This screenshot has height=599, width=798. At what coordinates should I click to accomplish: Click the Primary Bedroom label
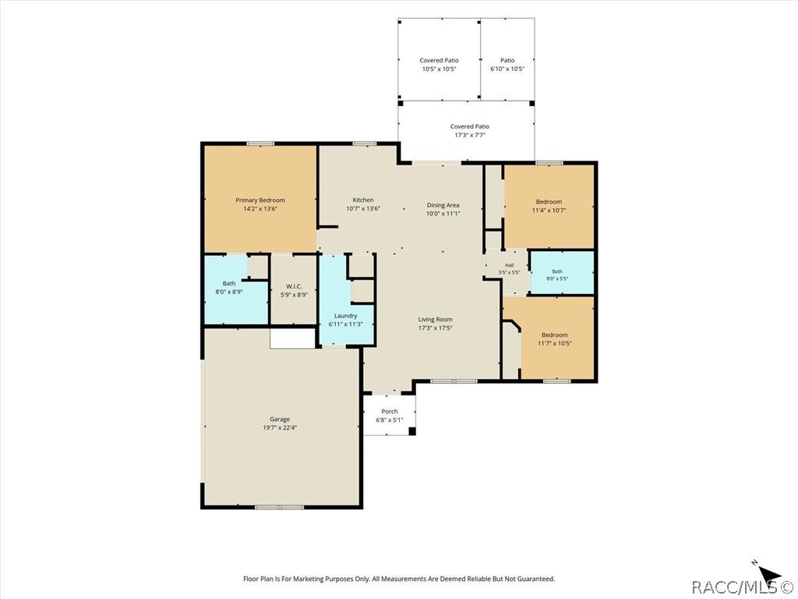point(260,200)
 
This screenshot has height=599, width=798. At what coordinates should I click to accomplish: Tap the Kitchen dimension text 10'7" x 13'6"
point(363,208)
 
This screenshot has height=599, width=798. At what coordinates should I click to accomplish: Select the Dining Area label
point(443,205)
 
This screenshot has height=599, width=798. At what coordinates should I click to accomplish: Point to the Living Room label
point(435,320)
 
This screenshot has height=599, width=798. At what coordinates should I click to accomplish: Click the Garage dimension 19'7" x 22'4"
point(280,428)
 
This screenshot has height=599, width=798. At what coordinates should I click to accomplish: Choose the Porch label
point(390,412)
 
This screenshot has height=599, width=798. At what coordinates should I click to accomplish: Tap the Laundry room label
point(345,316)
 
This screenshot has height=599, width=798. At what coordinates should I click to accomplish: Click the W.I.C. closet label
point(294,286)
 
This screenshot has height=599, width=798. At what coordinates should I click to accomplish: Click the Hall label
point(509,265)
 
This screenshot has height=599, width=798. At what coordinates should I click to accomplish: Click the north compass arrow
point(767,572)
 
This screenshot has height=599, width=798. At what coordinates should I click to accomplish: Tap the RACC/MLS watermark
point(742,587)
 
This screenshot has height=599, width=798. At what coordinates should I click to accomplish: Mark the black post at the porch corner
point(412,431)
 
